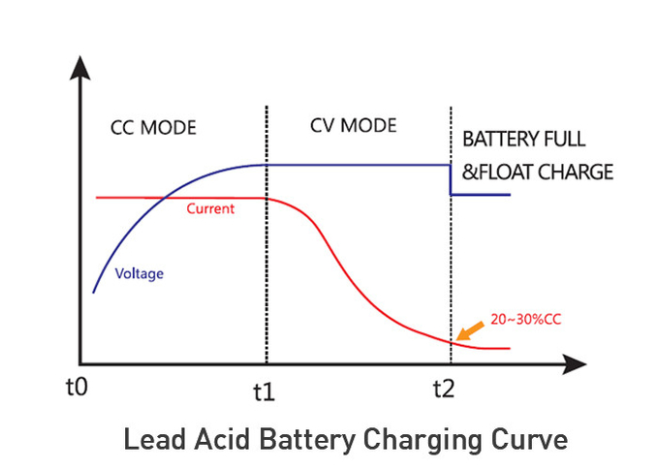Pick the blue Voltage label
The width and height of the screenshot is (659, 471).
[140, 273]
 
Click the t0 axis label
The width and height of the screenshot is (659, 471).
[77, 388]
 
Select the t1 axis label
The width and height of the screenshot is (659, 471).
[264, 392]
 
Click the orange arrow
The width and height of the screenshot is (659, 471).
[470, 331]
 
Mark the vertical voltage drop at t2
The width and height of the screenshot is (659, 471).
[451, 180]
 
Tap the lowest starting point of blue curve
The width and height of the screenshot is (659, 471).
[93, 292]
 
